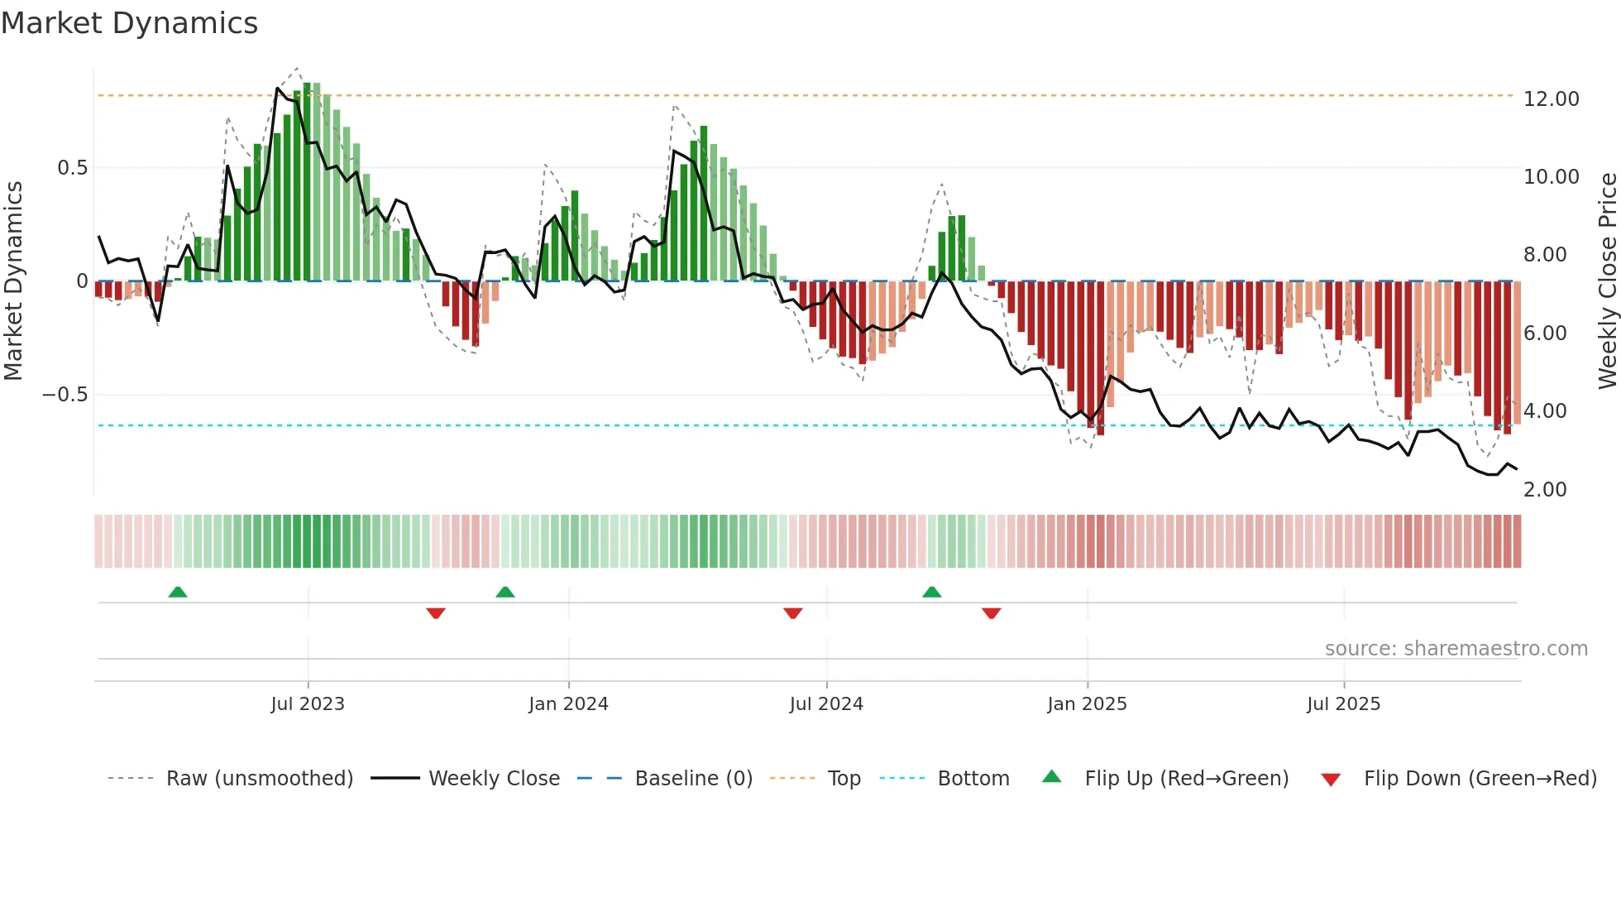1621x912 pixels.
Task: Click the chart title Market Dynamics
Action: pyautogui.click(x=130, y=23)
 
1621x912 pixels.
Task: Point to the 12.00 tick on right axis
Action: pyautogui.click(x=1551, y=99)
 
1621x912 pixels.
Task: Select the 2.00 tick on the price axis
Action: pyautogui.click(x=1544, y=490)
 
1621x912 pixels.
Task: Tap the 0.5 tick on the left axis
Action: pyautogui.click(x=72, y=168)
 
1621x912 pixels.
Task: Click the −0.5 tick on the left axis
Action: pyautogui.click(x=65, y=395)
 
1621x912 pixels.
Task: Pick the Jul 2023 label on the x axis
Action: pyautogui.click(x=307, y=704)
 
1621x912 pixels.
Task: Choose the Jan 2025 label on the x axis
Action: pyautogui.click(x=1086, y=704)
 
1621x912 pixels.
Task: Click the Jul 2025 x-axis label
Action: pyautogui.click(x=1343, y=704)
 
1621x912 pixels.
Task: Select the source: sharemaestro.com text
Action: pyautogui.click(x=1456, y=649)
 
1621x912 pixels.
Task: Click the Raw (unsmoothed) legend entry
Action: pyautogui.click(x=259, y=779)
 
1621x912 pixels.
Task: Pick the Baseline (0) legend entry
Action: pyautogui.click(x=693, y=779)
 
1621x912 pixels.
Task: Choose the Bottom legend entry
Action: pyautogui.click(x=973, y=779)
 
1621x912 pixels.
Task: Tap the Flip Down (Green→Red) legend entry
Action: pyautogui.click(x=1480, y=779)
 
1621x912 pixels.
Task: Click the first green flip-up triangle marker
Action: pyautogui.click(x=178, y=592)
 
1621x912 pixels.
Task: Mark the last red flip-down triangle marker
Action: pyautogui.click(x=992, y=613)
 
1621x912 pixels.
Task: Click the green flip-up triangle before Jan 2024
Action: pyautogui.click(x=505, y=592)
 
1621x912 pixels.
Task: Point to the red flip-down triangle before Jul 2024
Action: pyautogui.click(x=793, y=613)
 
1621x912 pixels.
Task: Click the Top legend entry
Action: pyautogui.click(x=844, y=779)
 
